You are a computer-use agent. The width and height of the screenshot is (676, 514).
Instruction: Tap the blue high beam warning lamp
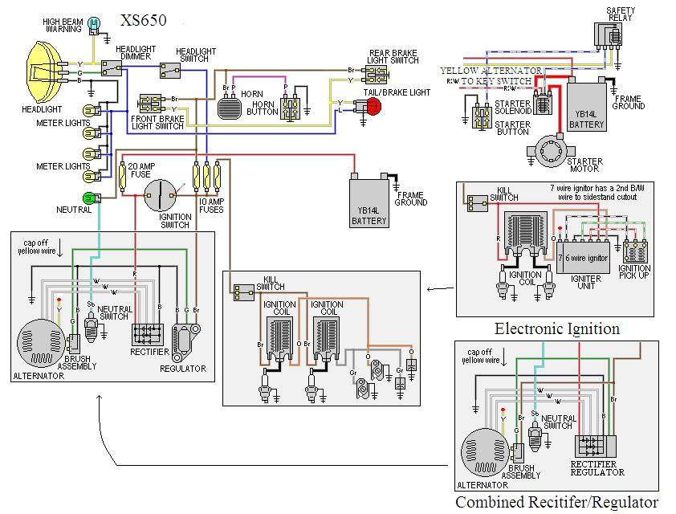tap(94, 22)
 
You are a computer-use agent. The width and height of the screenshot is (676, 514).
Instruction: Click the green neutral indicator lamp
tap(89, 198)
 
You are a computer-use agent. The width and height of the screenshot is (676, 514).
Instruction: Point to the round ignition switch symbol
tap(160, 195)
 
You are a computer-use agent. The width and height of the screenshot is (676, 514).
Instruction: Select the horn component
tap(230, 105)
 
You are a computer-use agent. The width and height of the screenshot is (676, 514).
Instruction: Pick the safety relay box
tap(607, 35)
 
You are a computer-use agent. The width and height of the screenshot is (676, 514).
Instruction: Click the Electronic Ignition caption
tap(557, 328)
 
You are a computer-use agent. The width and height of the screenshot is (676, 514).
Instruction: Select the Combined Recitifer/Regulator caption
tap(556, 503)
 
